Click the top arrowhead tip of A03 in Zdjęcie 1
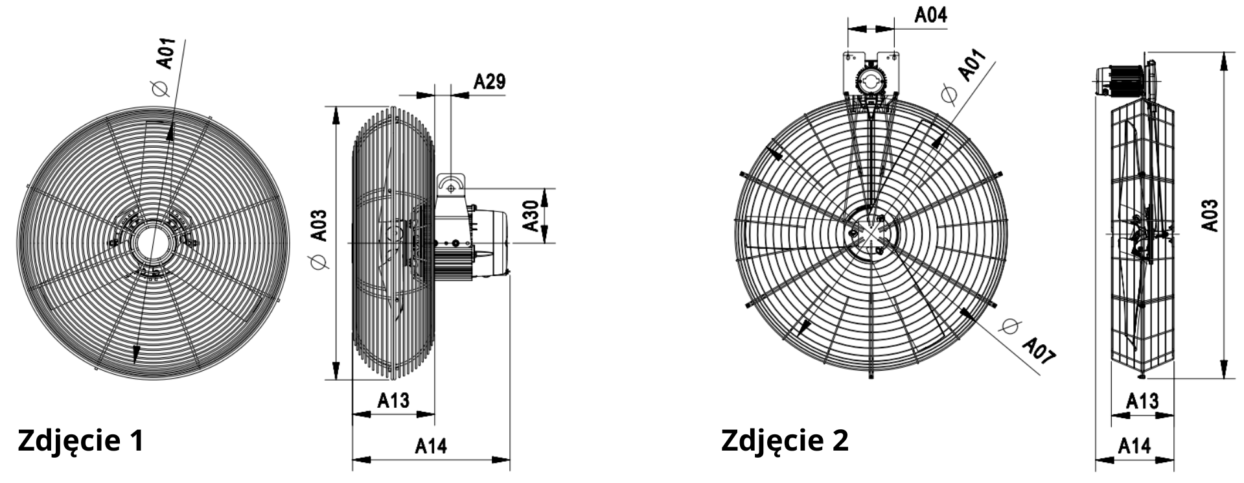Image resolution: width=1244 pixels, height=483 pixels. pyautogui.click(x=336, y=106)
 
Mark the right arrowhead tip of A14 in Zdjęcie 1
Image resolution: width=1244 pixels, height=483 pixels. pyautogui.click(x=510, y=460)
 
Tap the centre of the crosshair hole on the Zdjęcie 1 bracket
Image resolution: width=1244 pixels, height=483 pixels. pyautogui.click(x=450, y=187)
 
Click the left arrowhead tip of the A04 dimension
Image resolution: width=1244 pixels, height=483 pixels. pyautogui.click(x=848, y=29)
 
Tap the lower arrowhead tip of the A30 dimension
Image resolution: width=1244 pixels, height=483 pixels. pyautogui.click(x=545, y=242)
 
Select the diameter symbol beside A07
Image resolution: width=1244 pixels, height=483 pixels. pyautogui.click(x=1009, y=325)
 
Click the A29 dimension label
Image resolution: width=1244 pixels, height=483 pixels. pyautogui.click(x=489, y=81)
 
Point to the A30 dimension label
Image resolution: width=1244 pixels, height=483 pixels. pyautogui.click(x=531, y=216)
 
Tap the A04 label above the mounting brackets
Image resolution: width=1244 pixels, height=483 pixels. pyautogui.click(x=930, y=15)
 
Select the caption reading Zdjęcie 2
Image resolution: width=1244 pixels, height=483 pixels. pyautogui.click(x=785, y=440)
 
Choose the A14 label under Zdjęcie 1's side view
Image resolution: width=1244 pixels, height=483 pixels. pyautogui.click(x=431, y=445)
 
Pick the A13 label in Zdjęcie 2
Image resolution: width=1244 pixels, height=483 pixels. pyautogui.click(x=1142, y=400)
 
